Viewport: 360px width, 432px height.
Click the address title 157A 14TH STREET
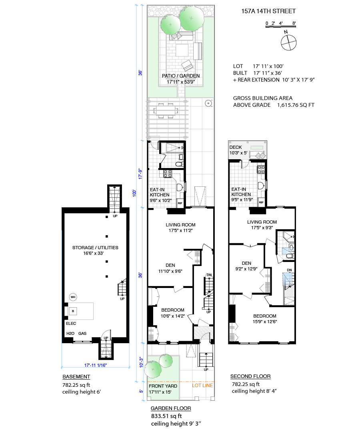point(268,11)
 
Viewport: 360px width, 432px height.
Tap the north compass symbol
point(288,42)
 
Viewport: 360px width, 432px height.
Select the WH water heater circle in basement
point(73,297)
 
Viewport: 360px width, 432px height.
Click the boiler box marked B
point(73,311)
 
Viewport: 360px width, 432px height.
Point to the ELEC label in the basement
point(71,324)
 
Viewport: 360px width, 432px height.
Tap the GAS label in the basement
point(82,333)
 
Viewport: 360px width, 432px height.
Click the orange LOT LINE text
point(202,386)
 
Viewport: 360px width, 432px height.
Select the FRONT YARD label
point(163,386)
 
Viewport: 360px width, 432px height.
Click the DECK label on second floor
point(236,147)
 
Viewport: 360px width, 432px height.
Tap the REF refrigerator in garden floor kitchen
point(180,203)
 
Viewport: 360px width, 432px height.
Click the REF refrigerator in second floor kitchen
point(261,202)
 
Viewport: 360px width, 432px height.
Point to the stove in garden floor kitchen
point(168,174)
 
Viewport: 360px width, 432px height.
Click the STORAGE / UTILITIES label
point(95,248)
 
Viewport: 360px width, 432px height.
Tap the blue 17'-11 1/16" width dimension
point(95,365)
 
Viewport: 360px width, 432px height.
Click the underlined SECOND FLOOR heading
point(250,376)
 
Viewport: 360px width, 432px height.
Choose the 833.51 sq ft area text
point(166,416)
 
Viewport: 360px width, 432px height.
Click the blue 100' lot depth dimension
point(134,193)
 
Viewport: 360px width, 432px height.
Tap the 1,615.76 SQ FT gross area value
point(296,105)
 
